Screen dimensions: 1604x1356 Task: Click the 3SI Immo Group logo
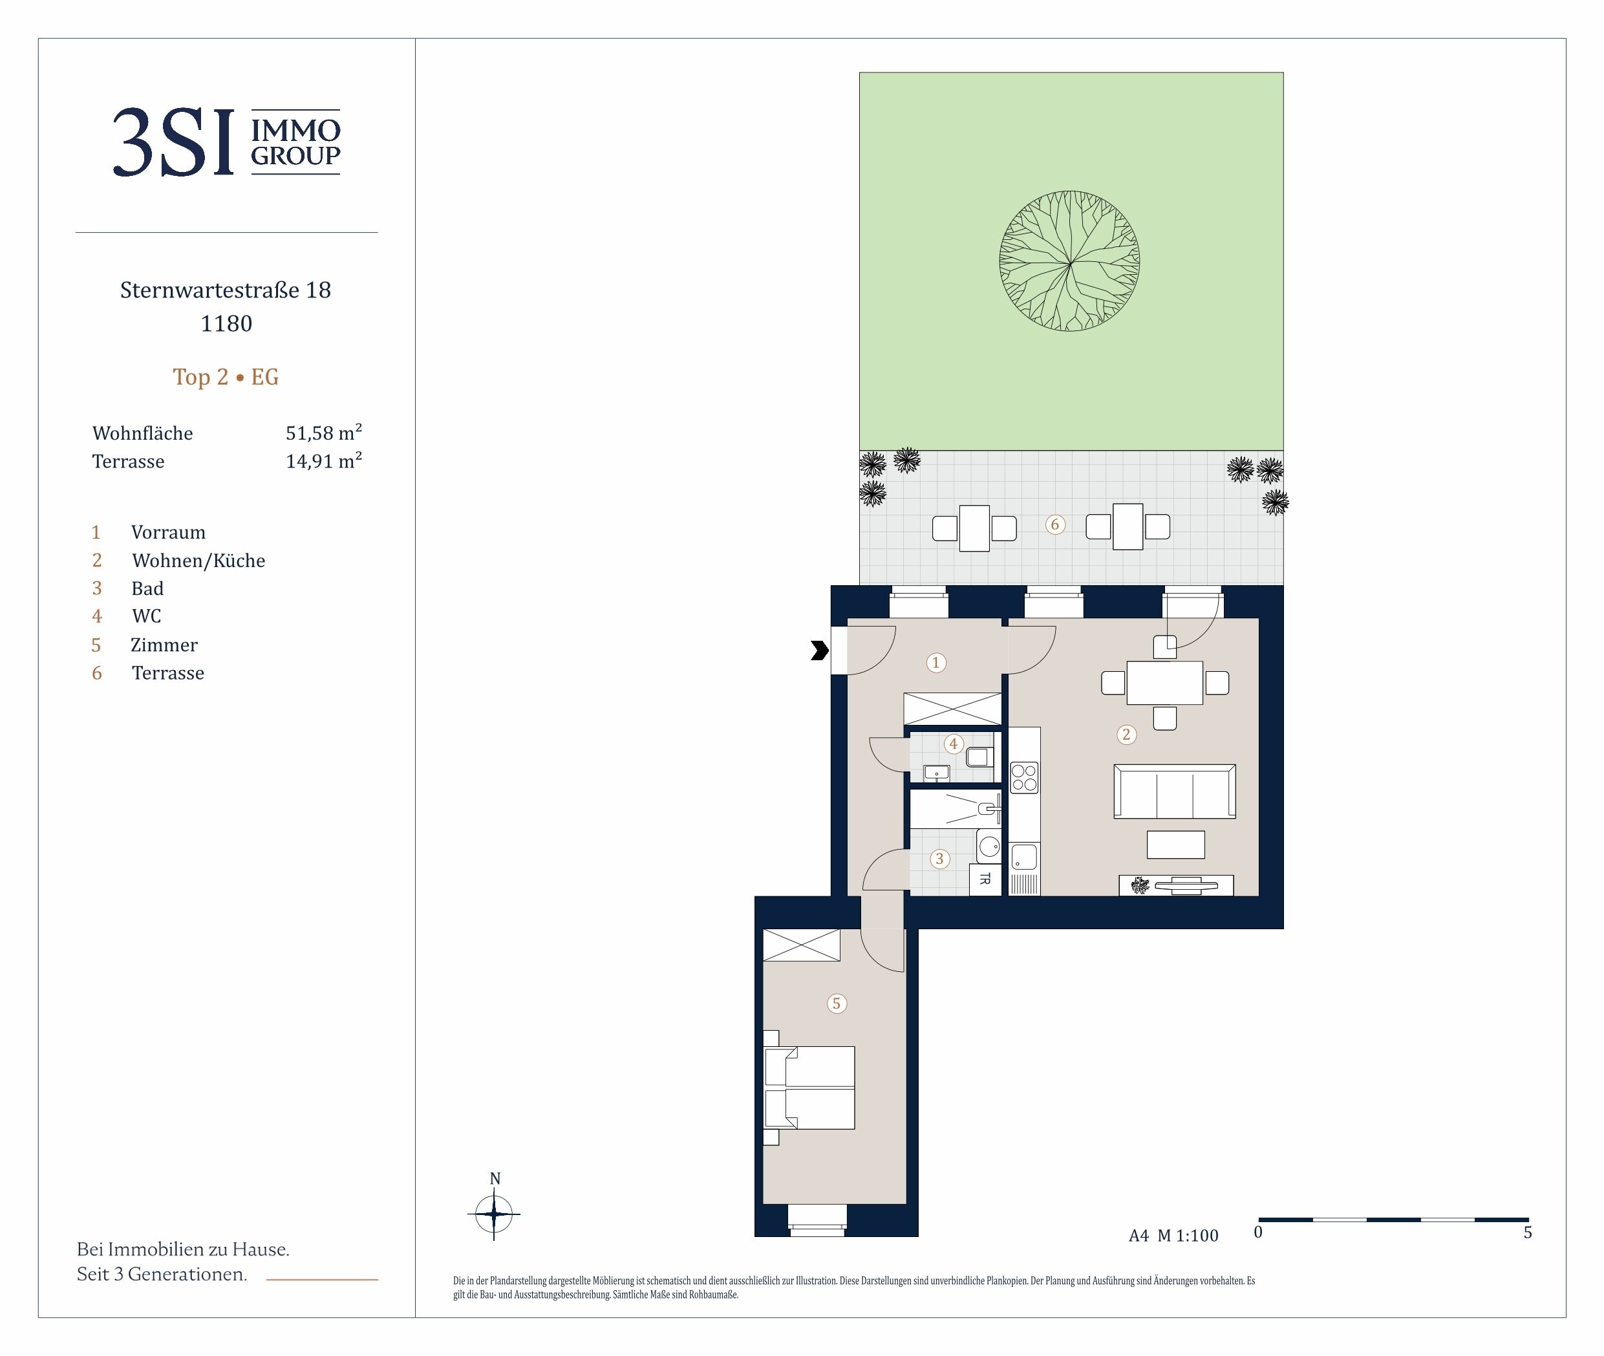pos(227,142)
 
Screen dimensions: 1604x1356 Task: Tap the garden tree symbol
pos(1069,261)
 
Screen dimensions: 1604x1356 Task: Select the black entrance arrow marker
pos(820,651)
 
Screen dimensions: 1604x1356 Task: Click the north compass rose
pos(494,1214)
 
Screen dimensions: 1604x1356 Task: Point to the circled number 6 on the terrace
pos(1054,524)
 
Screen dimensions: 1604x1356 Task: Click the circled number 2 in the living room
pos(1126,734)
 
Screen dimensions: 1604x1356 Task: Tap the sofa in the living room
pos(1174,791)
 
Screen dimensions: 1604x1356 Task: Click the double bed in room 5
pos(809,1088)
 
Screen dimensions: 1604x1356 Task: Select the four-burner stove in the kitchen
pos(1023,777)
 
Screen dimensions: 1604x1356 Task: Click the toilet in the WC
pos(978,757)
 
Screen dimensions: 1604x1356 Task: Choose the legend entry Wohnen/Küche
pos(198,561)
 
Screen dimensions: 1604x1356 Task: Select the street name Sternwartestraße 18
pos(225,290)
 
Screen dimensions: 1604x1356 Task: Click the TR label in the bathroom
pos(985,879)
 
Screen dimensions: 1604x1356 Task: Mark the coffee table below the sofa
pos(1175,844)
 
